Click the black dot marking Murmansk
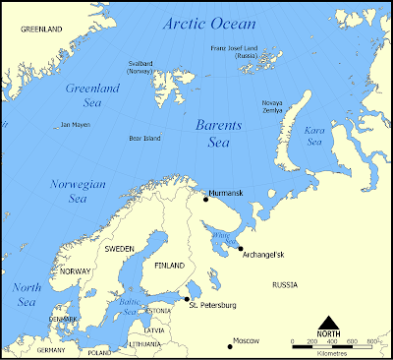tap(205, 199)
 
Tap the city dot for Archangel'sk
tap(239, 249)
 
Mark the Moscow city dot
tap(230, 346)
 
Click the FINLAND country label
tap(169, 265)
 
